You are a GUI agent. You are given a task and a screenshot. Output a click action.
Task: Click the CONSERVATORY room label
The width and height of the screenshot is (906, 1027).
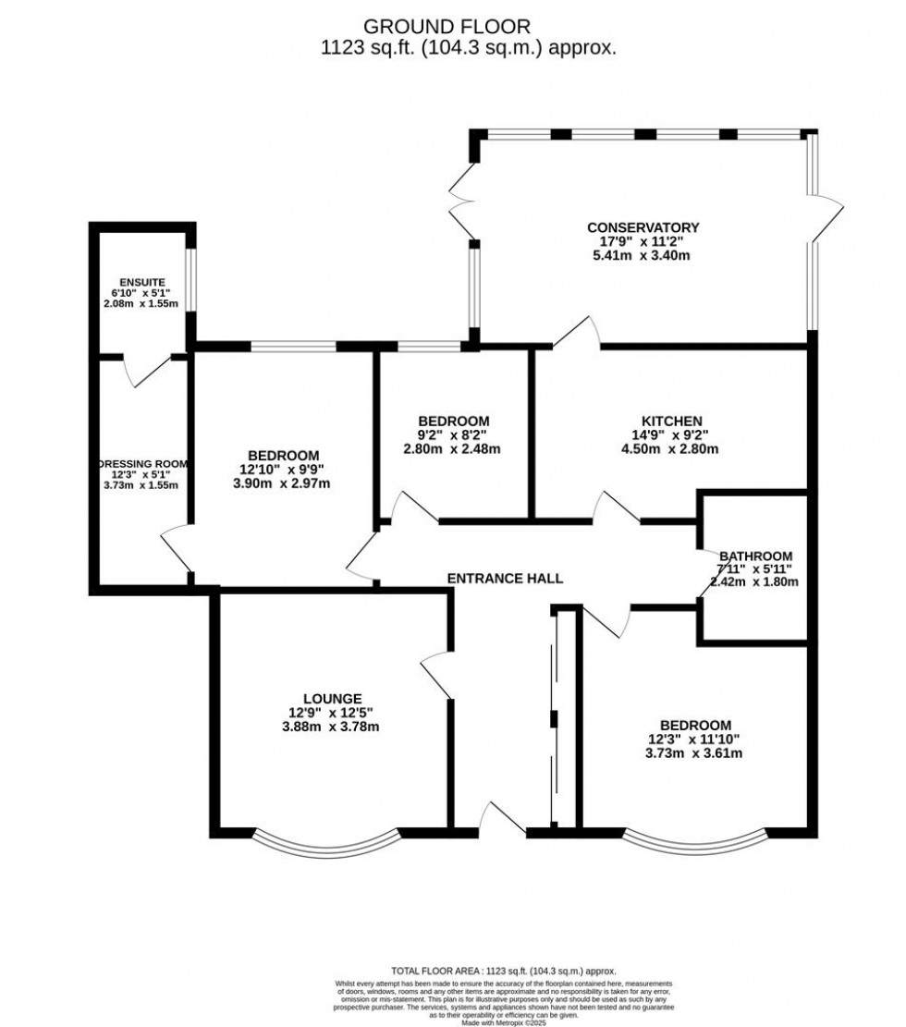point(643,227)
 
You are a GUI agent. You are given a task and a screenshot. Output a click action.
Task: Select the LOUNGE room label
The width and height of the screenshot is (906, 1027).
point(331,698)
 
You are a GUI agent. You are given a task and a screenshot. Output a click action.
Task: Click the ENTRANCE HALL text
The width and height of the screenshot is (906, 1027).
point(505,578)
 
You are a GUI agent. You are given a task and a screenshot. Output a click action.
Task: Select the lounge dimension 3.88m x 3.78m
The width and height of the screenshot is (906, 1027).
point(331,727)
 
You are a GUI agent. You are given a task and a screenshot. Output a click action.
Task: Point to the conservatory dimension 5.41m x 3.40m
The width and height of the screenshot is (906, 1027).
point(643,256)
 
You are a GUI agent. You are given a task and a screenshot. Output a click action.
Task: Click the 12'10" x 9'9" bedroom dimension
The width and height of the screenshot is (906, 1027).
point(283,470)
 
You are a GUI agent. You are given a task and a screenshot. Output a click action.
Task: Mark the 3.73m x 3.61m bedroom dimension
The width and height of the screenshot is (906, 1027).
point(695,753)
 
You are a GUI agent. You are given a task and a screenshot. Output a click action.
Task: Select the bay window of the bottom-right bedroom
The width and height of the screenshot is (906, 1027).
point(696,838)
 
